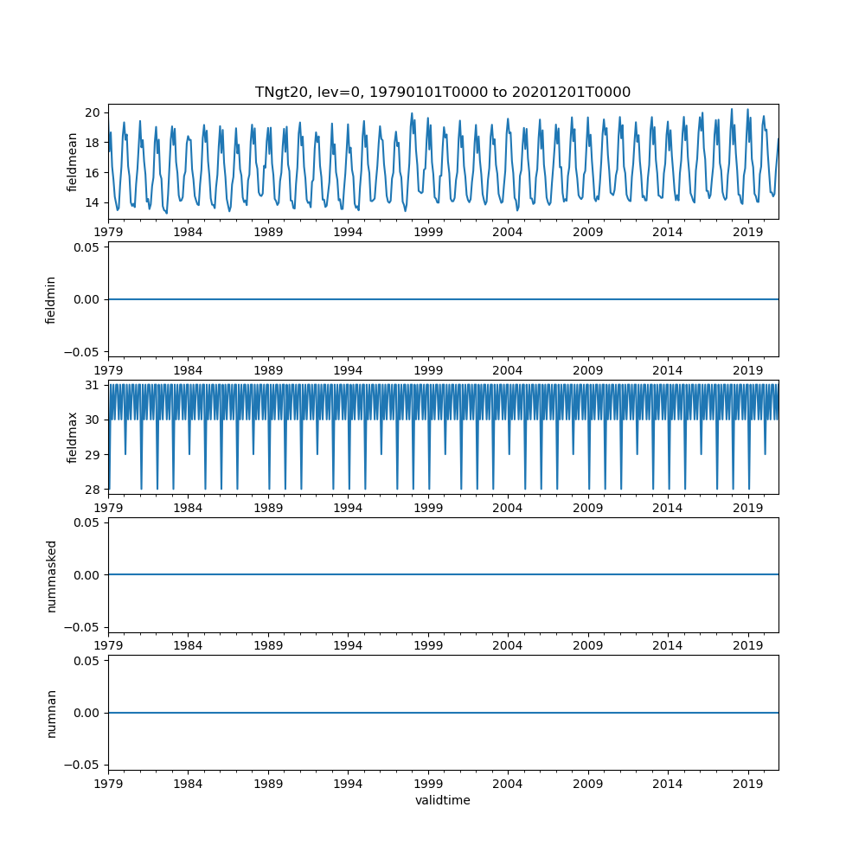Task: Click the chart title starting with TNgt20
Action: pos(442,92)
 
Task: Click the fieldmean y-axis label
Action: pos(73,162)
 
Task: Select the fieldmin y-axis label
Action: pos(51,299)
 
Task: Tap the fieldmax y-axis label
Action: pos(73,437)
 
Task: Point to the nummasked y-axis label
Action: pos(51,575)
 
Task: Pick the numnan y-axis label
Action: pos(51,713)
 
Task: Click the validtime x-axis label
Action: pos(442,800)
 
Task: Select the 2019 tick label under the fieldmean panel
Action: pos(748,232)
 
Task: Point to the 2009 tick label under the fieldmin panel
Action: pos(588,370)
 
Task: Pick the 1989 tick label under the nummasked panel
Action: pos(268,645)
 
